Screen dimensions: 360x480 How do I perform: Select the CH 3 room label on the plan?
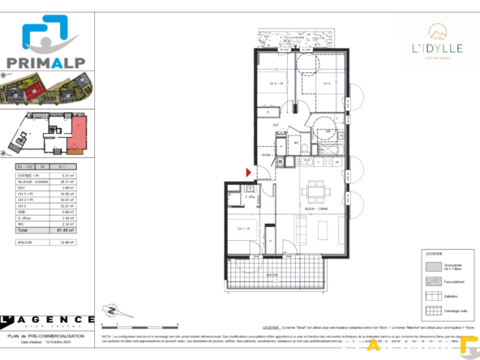(327, 83)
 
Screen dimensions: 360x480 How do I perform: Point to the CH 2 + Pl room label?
(276, 84)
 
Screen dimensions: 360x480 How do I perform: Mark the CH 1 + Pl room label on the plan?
(243, 229)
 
